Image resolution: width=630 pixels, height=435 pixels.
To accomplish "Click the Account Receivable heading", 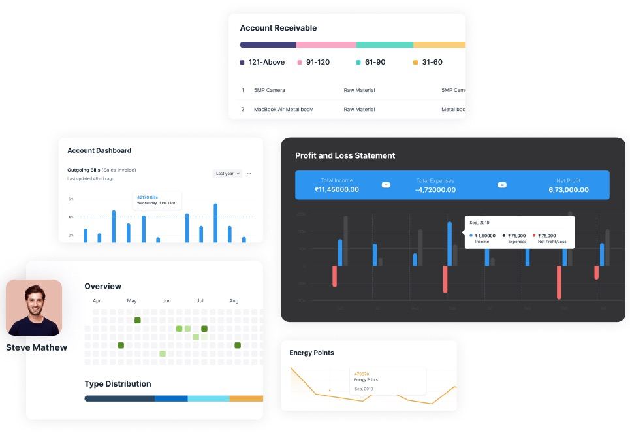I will tap(278, 28).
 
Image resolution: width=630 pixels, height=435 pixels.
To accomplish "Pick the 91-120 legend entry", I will tap(317, 63).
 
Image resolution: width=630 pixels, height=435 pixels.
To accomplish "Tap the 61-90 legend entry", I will tap(375, 63).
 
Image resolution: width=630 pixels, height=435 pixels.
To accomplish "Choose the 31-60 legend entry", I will tap(432, 63).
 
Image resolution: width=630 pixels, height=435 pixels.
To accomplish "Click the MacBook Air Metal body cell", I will tap(283, 110).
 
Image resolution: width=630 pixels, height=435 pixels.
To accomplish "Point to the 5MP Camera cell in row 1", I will tap(269, 90).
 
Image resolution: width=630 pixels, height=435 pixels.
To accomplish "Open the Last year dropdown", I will tap(227, 174).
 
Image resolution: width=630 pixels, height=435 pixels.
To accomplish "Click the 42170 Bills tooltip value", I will tap(147, 196).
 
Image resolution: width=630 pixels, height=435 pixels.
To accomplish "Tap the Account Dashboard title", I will tap(99, 150).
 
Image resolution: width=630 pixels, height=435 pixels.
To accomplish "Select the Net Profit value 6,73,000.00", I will tap(568, 190).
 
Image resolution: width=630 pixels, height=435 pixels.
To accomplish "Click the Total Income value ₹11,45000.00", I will tap(336, 190).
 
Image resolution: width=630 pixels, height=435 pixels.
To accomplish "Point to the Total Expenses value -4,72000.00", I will tap(435, 190).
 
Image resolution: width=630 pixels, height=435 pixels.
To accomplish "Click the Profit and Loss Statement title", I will tap(345, 156).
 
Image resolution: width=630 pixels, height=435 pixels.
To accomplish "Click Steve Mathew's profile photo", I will tap(34, 308).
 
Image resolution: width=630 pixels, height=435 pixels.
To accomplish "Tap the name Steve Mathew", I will tap(37, 347).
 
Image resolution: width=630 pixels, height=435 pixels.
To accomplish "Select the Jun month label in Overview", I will tap(166, 301).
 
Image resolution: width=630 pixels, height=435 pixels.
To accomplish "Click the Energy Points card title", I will tap(311, 353).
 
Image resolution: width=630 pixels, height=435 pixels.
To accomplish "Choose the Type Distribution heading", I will tap(118, 384).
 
